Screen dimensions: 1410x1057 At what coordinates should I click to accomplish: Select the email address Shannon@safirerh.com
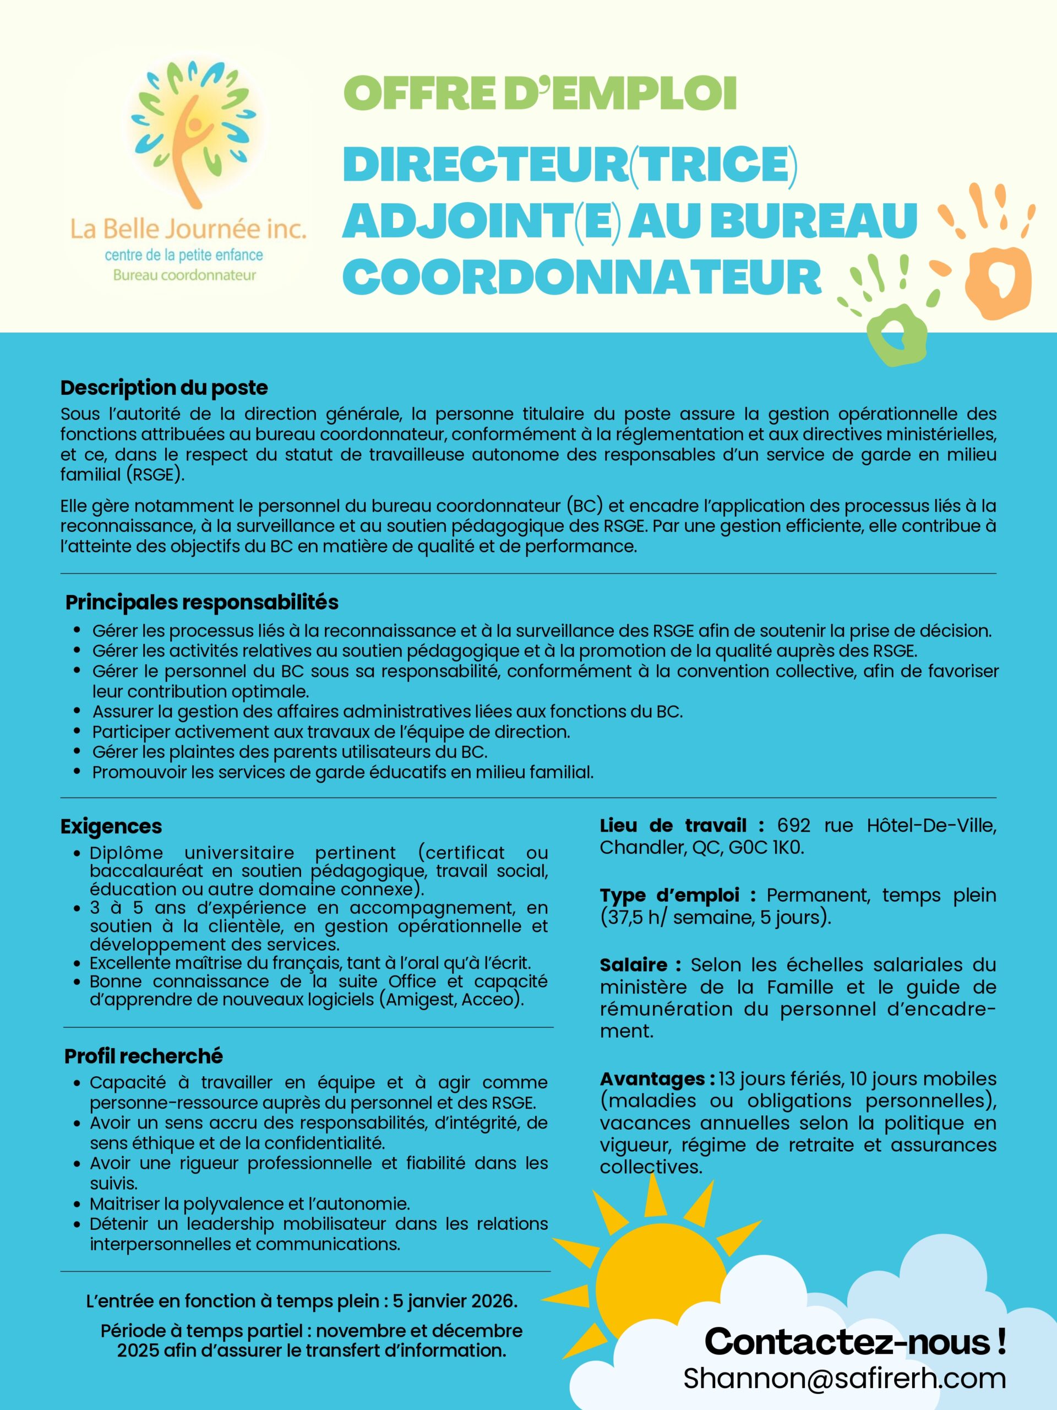tap(844, 1379)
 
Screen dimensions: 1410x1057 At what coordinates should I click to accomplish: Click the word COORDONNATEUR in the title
tap(582, 276)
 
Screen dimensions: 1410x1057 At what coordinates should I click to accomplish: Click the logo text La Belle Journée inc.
tap(188, 229)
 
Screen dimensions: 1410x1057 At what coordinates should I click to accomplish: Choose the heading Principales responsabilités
tap(201, 602)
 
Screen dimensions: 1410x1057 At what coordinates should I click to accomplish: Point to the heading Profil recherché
tap(143, 1056)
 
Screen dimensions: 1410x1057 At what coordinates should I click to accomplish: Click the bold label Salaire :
tap(640, 965)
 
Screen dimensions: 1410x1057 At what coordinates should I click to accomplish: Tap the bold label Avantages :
tap(657, 1079)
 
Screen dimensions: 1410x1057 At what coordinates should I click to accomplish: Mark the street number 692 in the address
tap(793, 826)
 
